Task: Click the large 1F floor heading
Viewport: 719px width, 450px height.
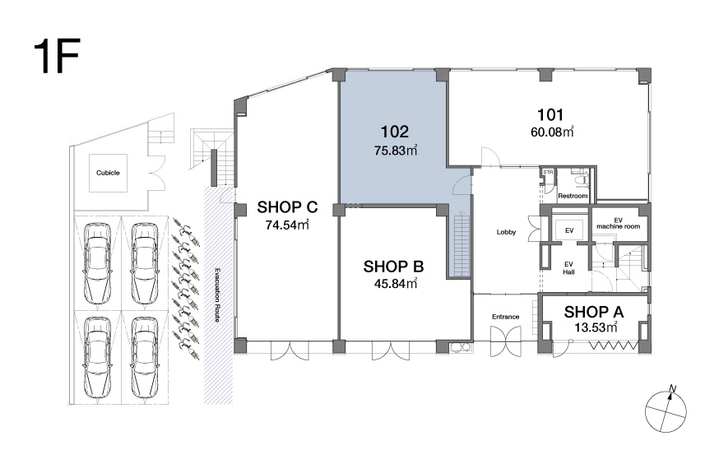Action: (57, 56)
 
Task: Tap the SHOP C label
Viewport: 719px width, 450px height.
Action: (287, 207)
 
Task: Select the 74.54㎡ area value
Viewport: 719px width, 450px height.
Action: (287, 225)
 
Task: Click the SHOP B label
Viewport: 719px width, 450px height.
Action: (393, 267)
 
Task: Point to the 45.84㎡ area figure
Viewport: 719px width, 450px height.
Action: (396, 284)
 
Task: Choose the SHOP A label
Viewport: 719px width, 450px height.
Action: (594, 312)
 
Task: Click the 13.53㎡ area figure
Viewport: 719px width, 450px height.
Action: (596, 327)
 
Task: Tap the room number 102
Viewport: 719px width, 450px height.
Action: (394, 132)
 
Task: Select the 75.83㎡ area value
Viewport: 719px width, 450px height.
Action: (396, 150)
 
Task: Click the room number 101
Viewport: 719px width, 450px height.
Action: (550, 114)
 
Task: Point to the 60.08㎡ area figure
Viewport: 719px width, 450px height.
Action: (552, 132)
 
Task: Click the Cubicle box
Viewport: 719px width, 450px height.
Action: (109, 173)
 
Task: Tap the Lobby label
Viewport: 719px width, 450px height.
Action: (506, 232)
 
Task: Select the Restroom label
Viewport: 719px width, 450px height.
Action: (573, 196)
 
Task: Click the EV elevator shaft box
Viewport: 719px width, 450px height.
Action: (569, 230)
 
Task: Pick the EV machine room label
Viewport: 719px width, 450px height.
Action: (618, 224)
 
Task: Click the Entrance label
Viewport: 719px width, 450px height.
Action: (505, 317)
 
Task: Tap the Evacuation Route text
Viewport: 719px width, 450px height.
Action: (217, 295)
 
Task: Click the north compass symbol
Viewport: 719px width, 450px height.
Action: (666, 410)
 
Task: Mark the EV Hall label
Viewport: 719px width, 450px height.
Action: (568, 268)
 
